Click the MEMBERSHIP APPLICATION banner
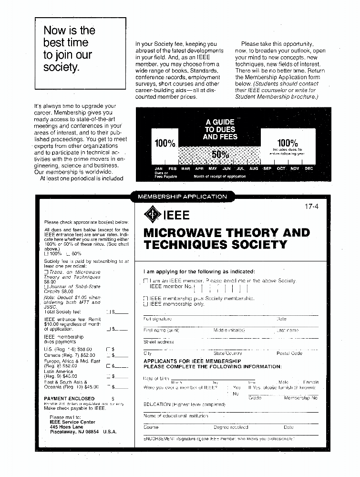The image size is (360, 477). (182, 196)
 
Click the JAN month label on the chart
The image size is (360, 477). (159, 168)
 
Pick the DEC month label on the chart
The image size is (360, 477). (309, 168)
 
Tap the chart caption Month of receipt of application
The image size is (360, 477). (220, 176)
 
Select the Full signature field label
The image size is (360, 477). (157, 319)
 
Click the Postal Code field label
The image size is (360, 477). (289, 353)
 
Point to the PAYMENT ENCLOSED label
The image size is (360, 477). (69, 398)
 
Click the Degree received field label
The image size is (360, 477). (231, 427)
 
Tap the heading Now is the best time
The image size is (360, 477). (69, 49)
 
